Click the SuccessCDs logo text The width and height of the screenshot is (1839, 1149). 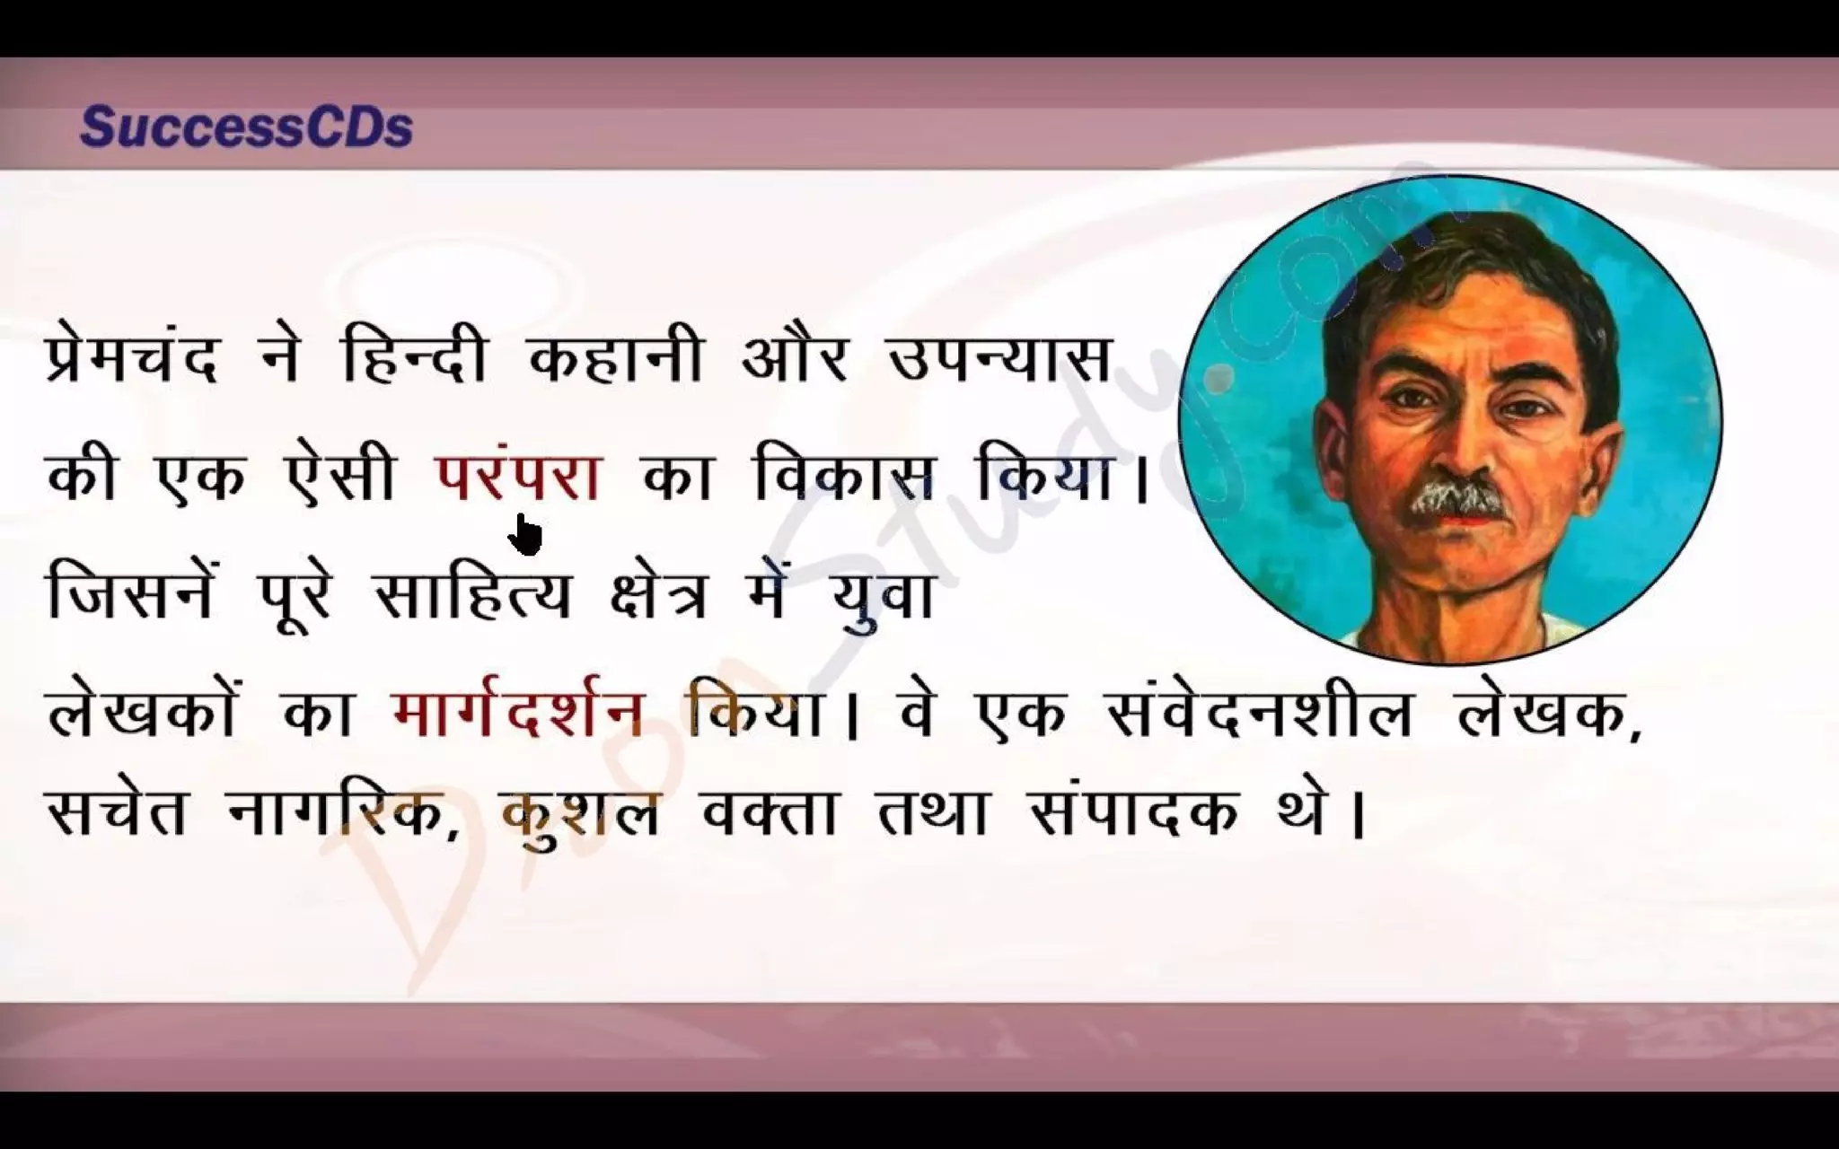pyautogui.click(x=246, y=128)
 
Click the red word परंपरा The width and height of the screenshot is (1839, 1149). pyautogui.click(x=518, y=478)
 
